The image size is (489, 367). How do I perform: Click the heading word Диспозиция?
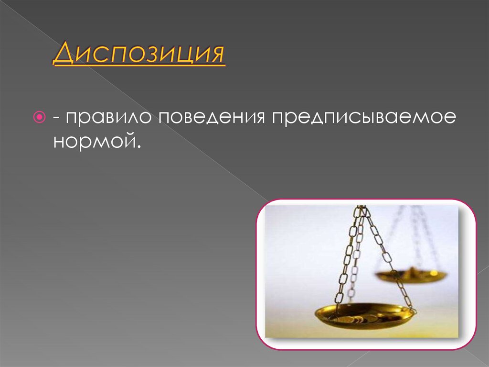[139, 54]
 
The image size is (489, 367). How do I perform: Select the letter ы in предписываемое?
[366, 118]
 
